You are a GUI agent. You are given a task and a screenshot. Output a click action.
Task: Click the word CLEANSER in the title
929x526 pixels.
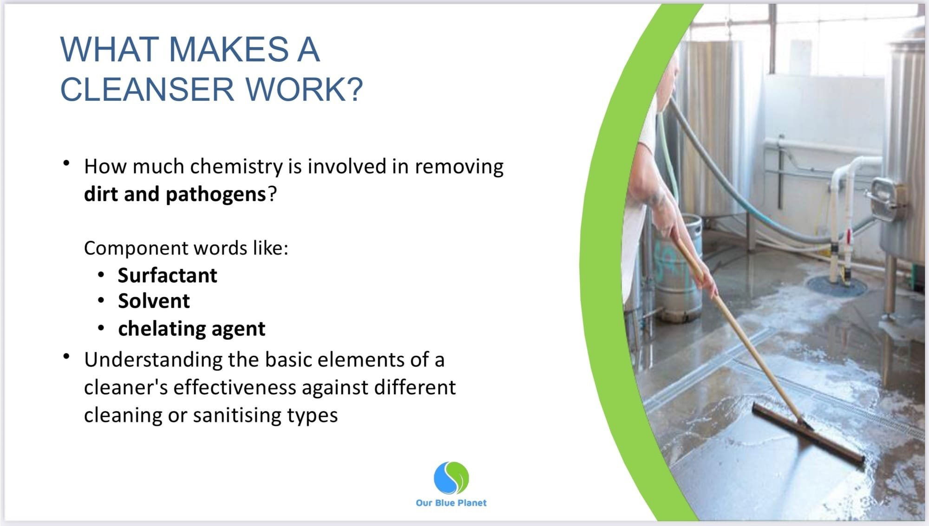(147, 89)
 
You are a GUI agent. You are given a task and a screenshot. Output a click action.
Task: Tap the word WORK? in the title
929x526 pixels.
(304, 89)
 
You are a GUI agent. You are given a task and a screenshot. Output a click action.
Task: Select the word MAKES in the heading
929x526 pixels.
(229, 49)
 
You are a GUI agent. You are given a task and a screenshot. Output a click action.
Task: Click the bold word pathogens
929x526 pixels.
(216, 194)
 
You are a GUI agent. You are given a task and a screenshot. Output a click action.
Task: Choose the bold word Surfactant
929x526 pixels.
(167, 275)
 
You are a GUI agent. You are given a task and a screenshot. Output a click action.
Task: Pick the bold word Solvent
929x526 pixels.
(154, 301)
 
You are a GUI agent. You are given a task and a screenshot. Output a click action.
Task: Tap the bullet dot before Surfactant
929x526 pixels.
(101, 275)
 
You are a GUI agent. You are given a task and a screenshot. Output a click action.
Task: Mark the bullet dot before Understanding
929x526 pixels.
(67, 357)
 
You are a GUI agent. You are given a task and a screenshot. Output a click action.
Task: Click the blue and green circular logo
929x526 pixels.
(451, 478)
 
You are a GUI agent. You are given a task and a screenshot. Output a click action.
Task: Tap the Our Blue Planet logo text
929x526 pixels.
(451, 503)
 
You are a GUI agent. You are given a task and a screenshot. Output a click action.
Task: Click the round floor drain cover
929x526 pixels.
(836, 285)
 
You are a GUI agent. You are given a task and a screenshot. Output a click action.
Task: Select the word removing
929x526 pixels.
(459, 166)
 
